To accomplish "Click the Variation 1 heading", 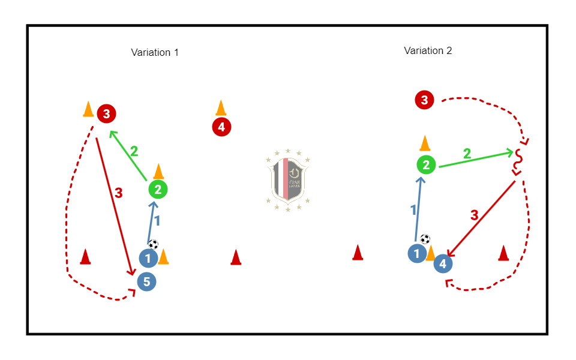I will [x=155, y=52].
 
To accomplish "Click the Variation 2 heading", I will [x=428, y=50].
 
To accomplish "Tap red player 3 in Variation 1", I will [x=106, y=113].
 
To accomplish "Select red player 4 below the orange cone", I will [x=221, y=127].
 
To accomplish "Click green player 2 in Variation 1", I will [x=158, y=190].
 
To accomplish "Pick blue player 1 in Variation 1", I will [x=148, y=259].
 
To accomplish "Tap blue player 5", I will [x=146, y=281].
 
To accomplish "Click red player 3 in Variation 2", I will [x=424, y=100].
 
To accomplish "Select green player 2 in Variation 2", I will [x=426, y=165].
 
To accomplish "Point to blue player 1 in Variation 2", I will [x=416, y=253].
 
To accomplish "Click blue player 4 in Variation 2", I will [x=443, y=263].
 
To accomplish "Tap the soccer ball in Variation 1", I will [x=153, y=244].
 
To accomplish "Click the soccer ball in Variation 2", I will [x=425, y=239].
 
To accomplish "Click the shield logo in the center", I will [x=288, y=179].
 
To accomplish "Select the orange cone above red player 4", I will [x=221, y=107].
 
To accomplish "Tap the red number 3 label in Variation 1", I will [x=118, y=193].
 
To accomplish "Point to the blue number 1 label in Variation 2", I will [x=413, y=209].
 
